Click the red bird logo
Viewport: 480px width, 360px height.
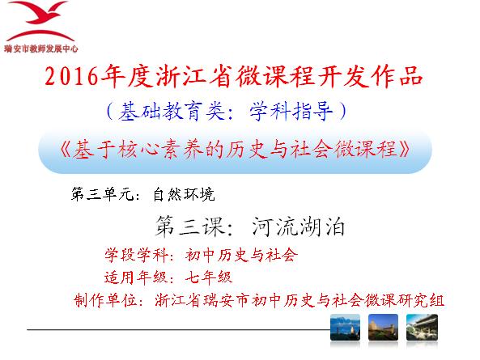[40, 21]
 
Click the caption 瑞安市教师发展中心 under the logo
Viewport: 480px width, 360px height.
[41, 49]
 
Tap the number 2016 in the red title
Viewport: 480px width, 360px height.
[71, 76]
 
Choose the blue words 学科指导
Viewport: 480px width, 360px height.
[291, 111]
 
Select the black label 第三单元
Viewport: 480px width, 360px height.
[102, 194]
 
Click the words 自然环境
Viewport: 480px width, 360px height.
[184, 194]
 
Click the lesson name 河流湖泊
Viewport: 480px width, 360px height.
[298, 227]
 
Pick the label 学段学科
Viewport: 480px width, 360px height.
[136, 255]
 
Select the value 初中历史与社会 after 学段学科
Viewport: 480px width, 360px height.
[241, 255]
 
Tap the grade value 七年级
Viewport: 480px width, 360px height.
[209, 277]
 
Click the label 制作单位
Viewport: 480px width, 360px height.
[105, 300]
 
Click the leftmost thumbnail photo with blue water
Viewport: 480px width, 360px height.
[345, 328]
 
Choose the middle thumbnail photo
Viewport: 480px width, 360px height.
[383, 328]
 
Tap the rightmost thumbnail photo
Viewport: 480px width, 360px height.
[422, 328]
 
